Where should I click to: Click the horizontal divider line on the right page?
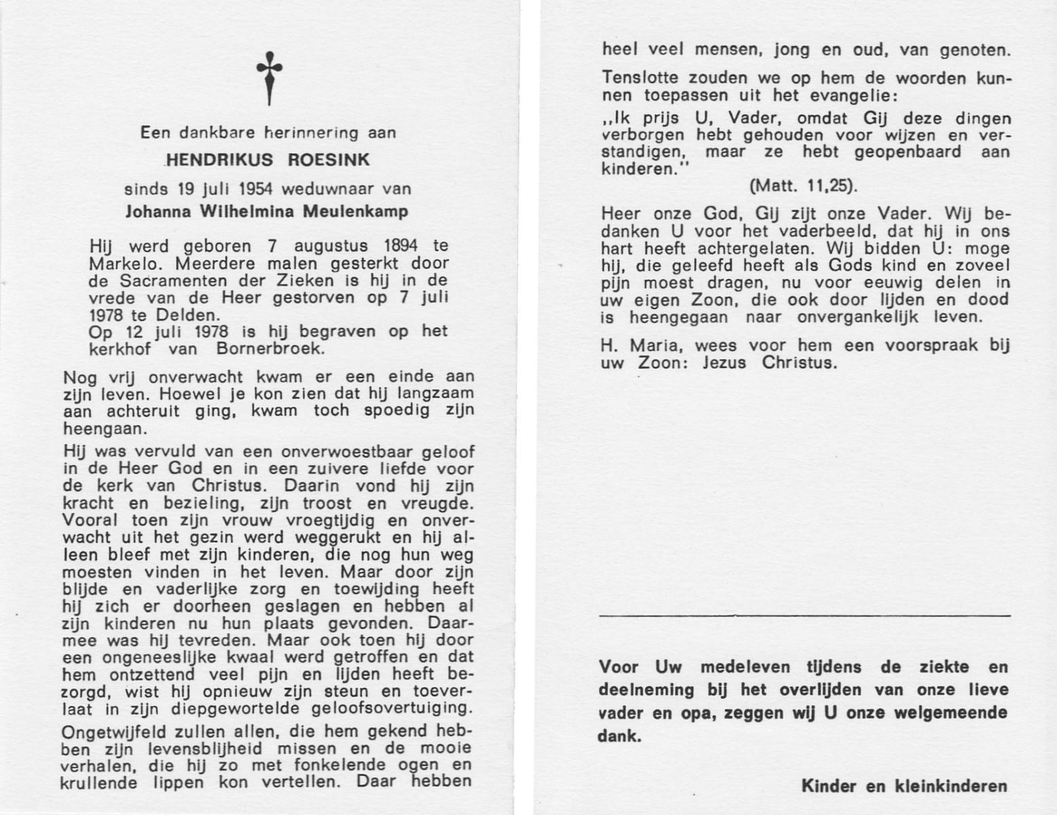pos(805,615)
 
